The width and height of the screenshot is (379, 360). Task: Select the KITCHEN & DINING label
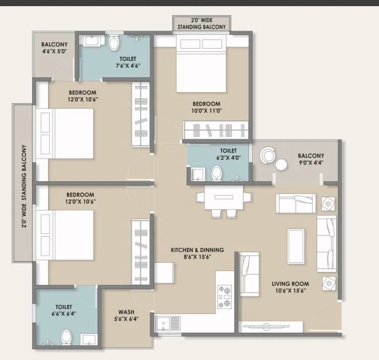[191, 249]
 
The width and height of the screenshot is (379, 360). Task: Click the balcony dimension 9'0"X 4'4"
[310, 163]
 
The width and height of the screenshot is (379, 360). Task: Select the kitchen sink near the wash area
[168, 324]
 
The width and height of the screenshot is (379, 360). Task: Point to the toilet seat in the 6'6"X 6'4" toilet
[66, 337]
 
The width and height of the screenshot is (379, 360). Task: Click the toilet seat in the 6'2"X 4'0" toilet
[216, 175]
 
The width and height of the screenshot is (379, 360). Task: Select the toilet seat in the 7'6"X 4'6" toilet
[114, 42]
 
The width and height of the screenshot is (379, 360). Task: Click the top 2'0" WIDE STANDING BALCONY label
[202, 23]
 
